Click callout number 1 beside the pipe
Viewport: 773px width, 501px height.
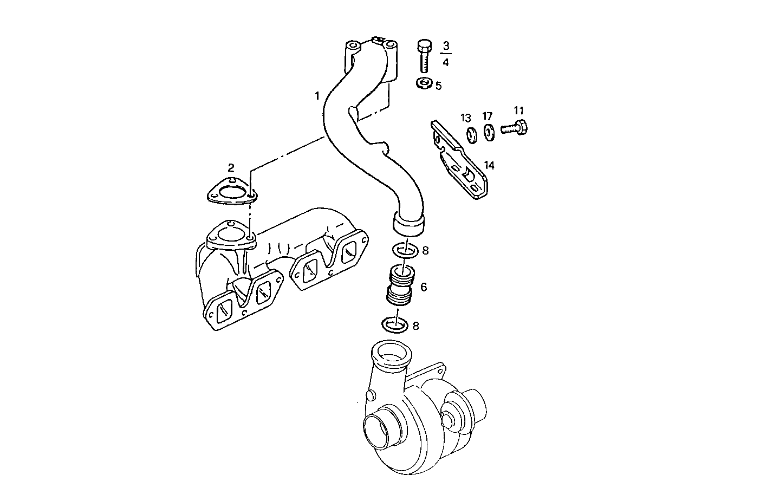(x=317, y=96)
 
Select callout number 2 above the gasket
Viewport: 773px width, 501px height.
(x=231, y=167)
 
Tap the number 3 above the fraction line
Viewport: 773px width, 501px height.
(x=446, y=44)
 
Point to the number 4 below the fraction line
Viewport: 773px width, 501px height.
(x=446, y=62)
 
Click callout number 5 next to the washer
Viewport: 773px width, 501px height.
(x=438, y=86)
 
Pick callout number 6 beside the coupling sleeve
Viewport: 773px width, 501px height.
(x=424, y=287)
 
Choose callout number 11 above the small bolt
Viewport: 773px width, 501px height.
(x=518, y=111)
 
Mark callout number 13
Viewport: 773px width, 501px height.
(x=466, y=118)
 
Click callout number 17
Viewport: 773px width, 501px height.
(x=488, y=116)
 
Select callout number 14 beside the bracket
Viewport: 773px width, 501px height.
(x=489, y=165)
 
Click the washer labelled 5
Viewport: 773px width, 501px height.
(x=423, y=83)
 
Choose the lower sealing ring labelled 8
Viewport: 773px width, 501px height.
(x=395, y=325)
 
